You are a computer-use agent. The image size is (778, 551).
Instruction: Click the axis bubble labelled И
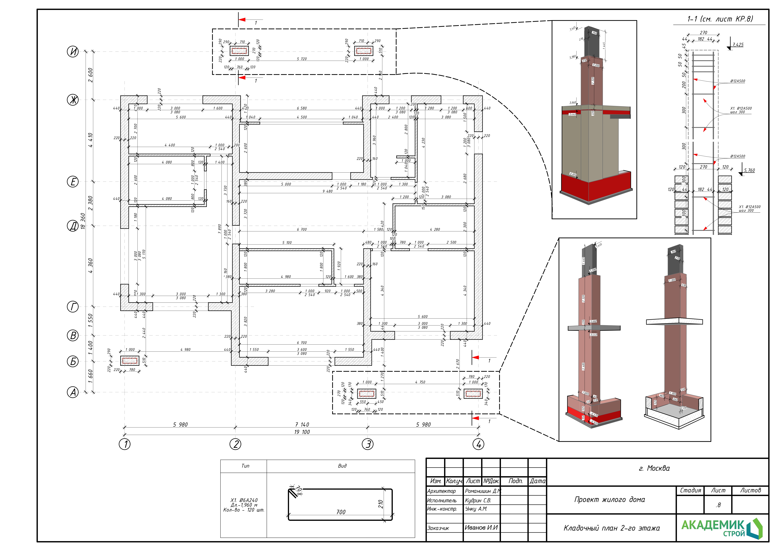73,52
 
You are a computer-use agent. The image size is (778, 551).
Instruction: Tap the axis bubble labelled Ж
73,100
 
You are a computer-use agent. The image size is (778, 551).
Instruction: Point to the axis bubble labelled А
73,393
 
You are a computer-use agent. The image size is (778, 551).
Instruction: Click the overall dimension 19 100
302,432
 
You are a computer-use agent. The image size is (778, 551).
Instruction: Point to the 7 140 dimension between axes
302,424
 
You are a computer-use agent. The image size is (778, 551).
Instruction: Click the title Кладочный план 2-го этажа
612,528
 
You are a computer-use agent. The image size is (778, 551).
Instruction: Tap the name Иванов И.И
481,528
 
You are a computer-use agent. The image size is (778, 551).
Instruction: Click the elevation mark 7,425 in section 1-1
738,44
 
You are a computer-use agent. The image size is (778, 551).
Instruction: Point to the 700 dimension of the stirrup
341,512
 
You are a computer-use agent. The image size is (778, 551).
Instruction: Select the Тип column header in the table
245,466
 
